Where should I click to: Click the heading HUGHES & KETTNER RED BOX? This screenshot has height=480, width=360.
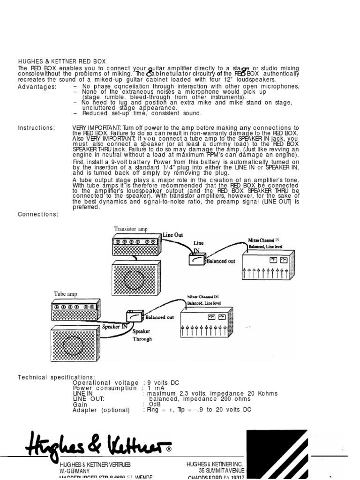61,61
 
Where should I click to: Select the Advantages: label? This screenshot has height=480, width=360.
37,87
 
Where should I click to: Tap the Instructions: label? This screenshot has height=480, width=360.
36,128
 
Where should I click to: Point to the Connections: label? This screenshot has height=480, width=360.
38,214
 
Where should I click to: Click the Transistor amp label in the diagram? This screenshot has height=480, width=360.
131,229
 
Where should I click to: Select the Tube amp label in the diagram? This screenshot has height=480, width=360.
66,294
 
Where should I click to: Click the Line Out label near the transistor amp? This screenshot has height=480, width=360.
173,235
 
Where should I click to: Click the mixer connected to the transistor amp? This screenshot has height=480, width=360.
267,268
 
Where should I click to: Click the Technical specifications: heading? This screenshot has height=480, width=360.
56,377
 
